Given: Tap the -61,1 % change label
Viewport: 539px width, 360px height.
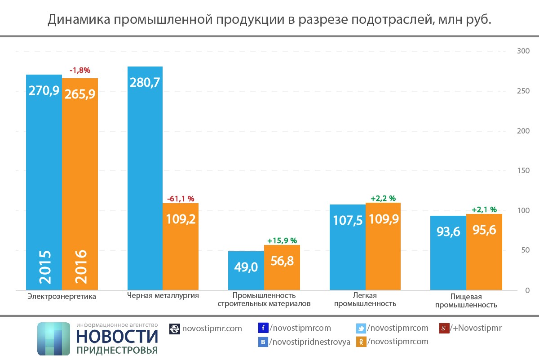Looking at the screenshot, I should click(x=181, y=199).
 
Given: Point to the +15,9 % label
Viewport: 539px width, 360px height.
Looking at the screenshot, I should click(x=282, y=240).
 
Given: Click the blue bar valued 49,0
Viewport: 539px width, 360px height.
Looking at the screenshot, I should click(x=246, y=270).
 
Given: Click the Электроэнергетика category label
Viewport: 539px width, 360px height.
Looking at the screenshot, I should click(x=62, y=296).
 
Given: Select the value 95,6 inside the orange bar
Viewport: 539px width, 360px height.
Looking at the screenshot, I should click(x=484, y=230).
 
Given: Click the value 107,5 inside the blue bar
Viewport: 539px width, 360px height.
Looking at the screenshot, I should click(x=348, y=220).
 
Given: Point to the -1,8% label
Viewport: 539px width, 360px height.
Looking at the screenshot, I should click(x=80, y=70).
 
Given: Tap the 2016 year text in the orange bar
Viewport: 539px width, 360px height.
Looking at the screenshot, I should click(x=80, y=267).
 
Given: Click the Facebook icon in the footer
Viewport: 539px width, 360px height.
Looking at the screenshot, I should click(x=264, y=328).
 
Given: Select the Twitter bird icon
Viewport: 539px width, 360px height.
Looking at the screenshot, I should click(x=361, y=329).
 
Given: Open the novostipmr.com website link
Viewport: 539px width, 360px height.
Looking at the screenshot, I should click(x=212, y=329).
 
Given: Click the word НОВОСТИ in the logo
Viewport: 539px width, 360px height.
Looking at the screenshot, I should click(x=117, y=336).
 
